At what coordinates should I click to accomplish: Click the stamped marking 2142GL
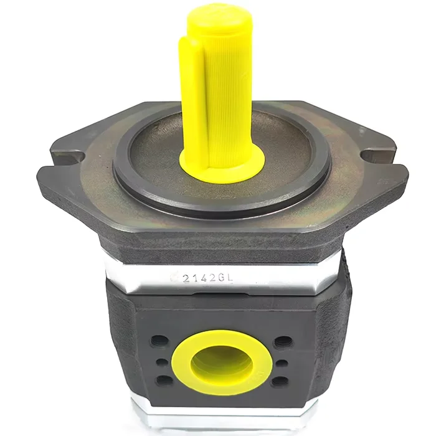tap(207, 278)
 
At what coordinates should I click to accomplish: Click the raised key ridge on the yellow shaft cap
tap(192, 106)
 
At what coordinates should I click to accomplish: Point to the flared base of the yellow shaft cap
tap(222, 167)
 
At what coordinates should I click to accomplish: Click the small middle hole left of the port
tap(162, 362)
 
